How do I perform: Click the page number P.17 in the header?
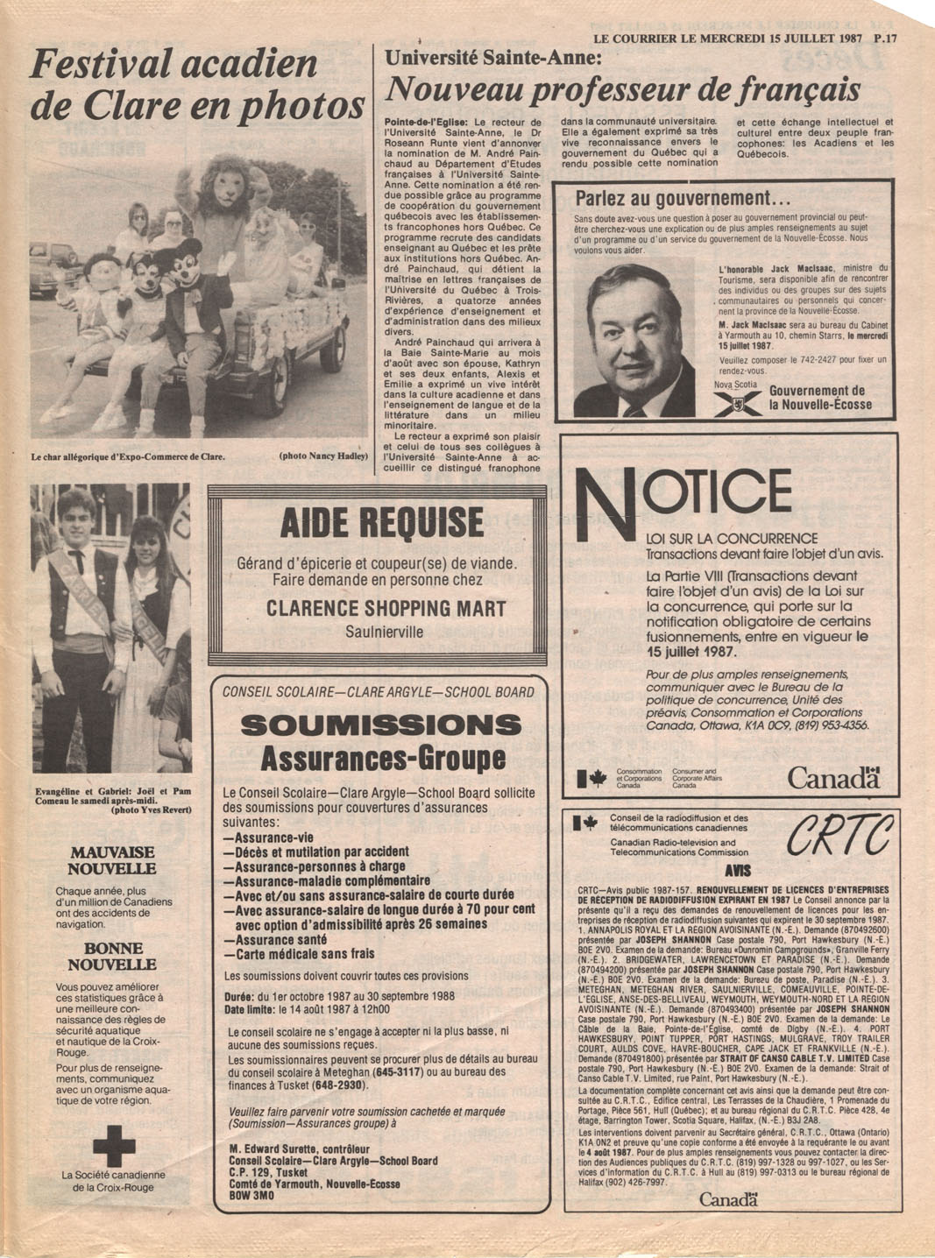899,39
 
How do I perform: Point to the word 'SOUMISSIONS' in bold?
380,725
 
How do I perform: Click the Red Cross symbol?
114,1144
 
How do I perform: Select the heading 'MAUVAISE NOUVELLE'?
113,860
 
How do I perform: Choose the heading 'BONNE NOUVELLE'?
113,956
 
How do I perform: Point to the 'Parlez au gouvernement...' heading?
683,198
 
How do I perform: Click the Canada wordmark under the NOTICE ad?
832,778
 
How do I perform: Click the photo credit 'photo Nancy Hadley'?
322,456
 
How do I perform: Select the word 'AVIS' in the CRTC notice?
737,872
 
